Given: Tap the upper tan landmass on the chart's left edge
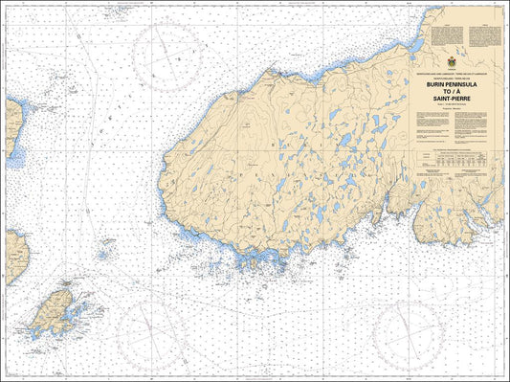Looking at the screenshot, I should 11,124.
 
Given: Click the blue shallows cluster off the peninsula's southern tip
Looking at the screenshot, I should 251,260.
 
